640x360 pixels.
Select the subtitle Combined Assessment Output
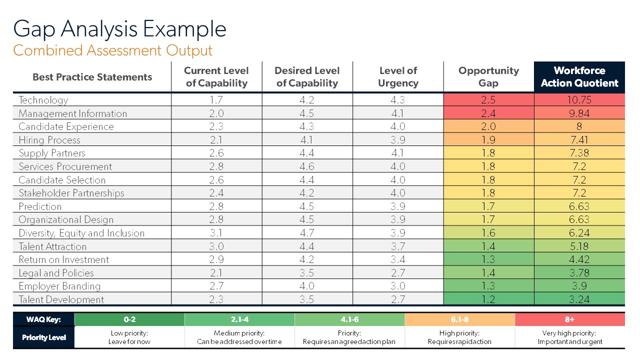pyautogui.click(x=112, y=50)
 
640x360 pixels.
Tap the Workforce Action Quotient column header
pyautogui.click(x=579, y=77)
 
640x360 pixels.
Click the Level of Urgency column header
pyautogui.click(x=398, y=77)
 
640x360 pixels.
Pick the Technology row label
pyautogui.click(x=43, y=100)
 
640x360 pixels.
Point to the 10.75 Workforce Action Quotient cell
pyautogui.click(x=579, y=100)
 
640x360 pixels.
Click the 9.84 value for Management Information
pyautogui.click(x=579, y=113)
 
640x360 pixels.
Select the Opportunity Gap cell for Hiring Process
pyautogui.click(x=488, y=140)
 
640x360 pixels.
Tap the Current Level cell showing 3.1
pyautogui.click(x=216, y=233)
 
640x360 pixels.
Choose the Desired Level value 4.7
pyautogui.click(x=307, y=233)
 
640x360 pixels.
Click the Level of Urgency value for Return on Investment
pyautogui.click(x=398, y=259)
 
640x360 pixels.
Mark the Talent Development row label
pyautogui.click(x=61, y=299)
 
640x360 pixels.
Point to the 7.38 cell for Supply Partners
pyautogui.click(x=579, y=153)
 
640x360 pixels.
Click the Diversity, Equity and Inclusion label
pyautogui.click(x=81, y=233)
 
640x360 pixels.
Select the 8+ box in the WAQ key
pyautogui.click(x=569, y=319)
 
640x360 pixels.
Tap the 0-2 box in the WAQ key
pyautogui.click(x=129, y=319)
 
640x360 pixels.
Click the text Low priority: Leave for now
pyautogui.click(x=129, y=337)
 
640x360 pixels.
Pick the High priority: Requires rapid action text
pyautogui.click(x=459, y=337)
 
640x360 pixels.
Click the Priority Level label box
pyautogui.click(x=44, y=337)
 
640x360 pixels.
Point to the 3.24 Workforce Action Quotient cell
pyautogui.click(x=579, y=299)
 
